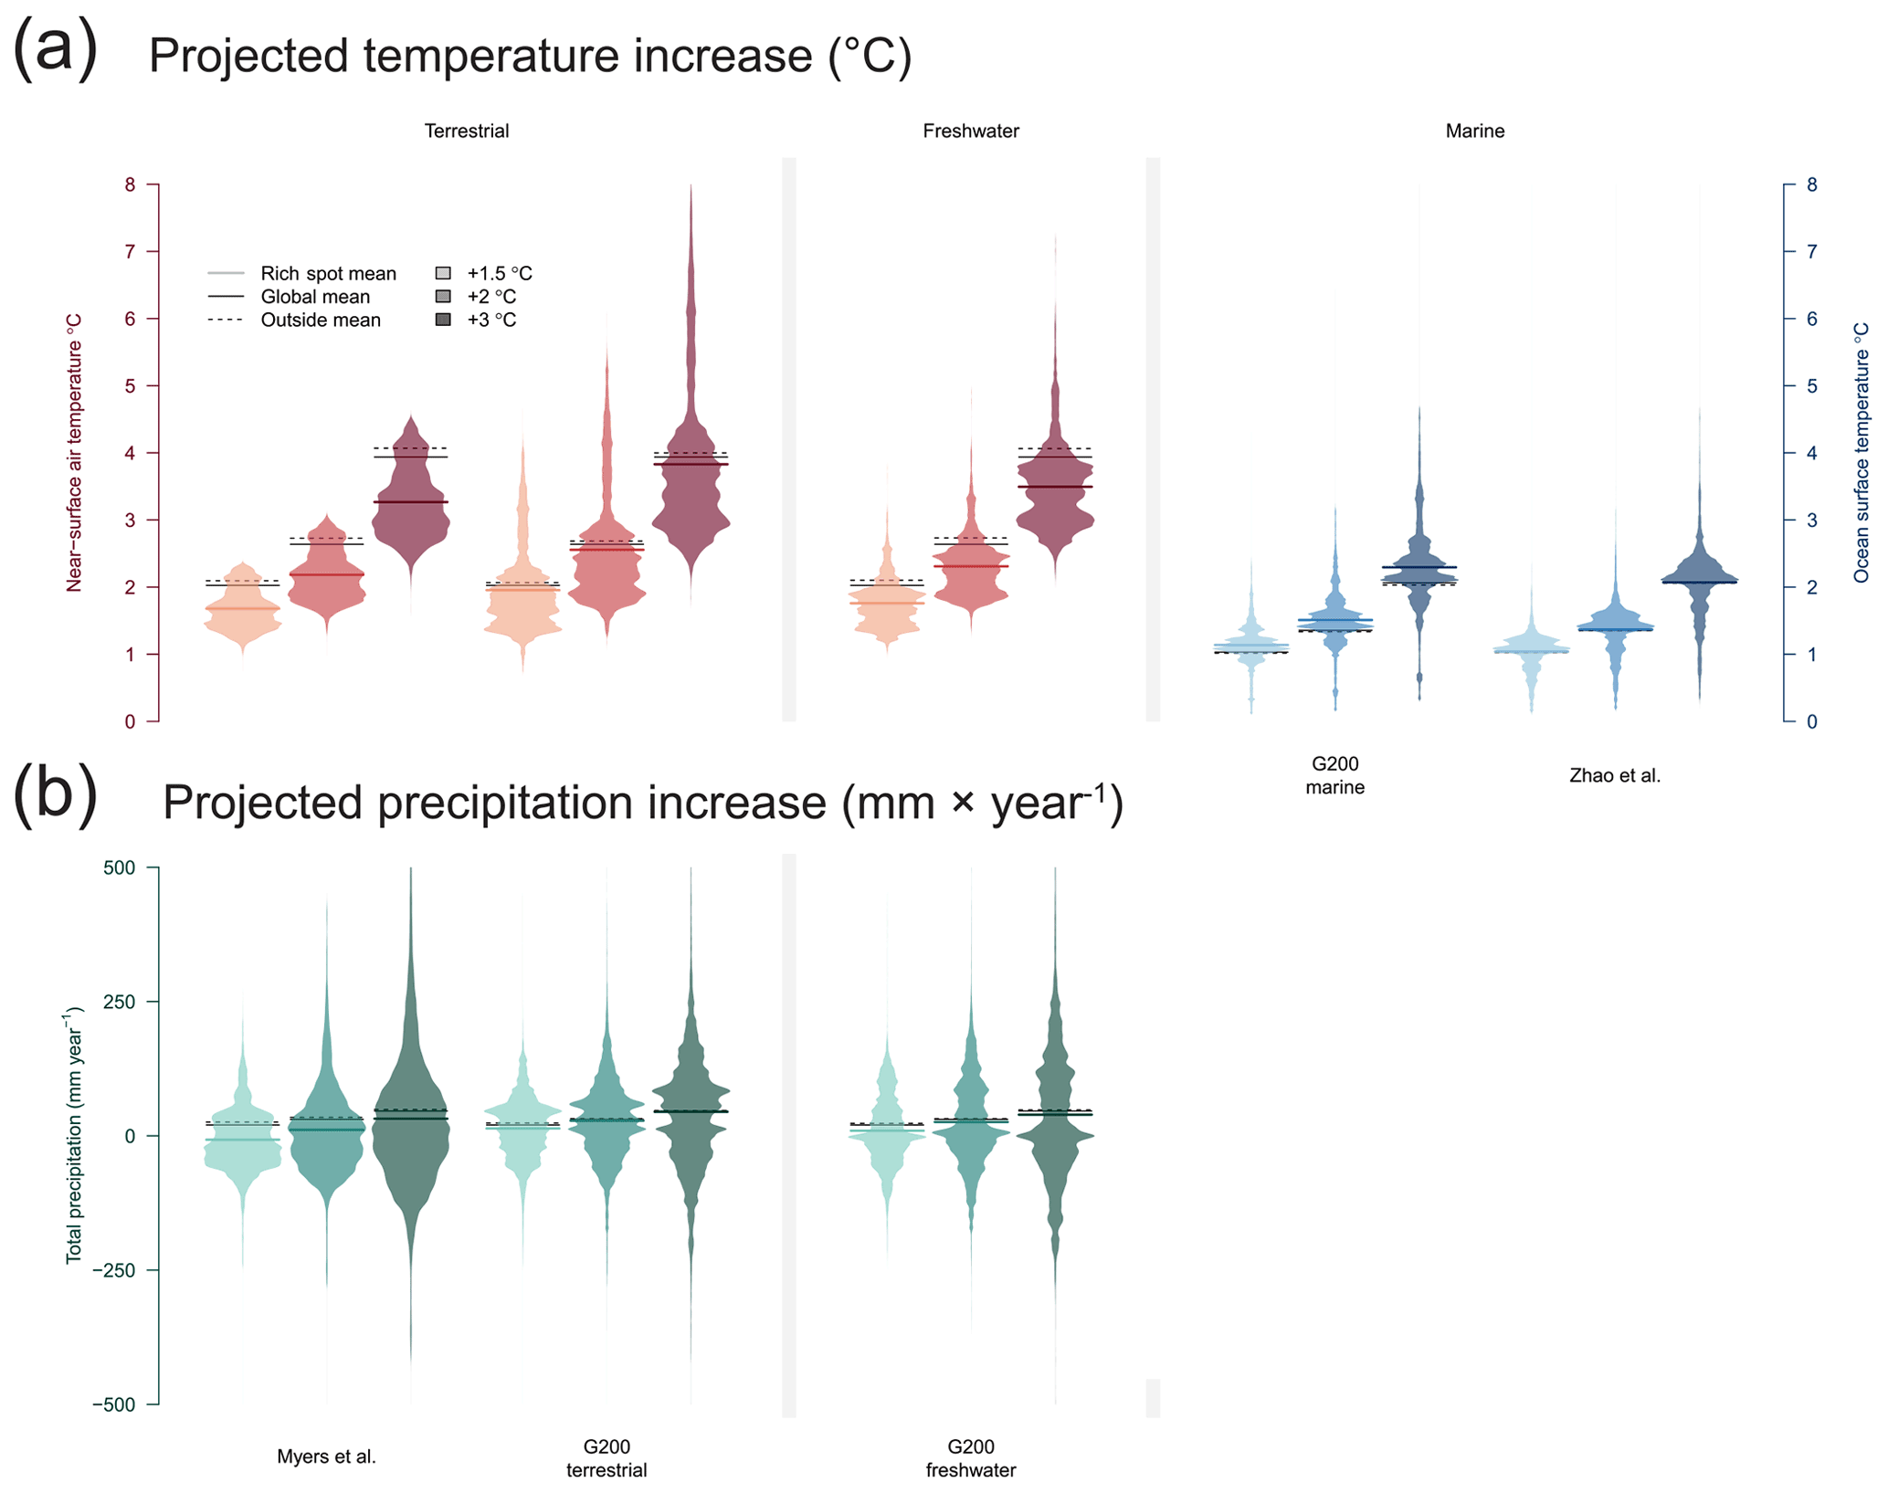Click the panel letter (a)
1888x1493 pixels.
pyautogui.click(x=55, y=49)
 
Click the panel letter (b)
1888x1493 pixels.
pyautogui.click(x=55, y=796)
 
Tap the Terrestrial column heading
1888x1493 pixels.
pyautogui.click(x=466, y=131)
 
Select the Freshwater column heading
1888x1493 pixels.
pyautogui.click(x=970, y=131)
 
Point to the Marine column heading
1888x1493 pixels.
pyautogui.click(x=1474, y=131)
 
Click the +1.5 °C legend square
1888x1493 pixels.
pyautogui.click(x=443, y=273)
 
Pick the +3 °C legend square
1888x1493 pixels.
pyautogui.click(x=443, y=320)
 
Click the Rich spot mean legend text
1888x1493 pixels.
pyautogui.click(x=328, y=274)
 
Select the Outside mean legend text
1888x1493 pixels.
pyautogui.click(x=321, y=321)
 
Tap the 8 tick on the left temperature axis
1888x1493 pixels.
pyautogui.click(x=130, y=185)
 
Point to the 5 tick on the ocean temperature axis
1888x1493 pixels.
pyautogui.click(x=1811, y=386)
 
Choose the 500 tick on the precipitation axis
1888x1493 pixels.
pyautogui.click(x=119, y=867)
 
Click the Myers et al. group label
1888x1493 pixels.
pyautogui.click(x=326, y=1456)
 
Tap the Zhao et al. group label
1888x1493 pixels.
pyautogui.click(x=1614, y=776)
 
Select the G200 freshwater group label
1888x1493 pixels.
pyautogui.click(x=970, y=1458)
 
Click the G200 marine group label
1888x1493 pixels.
pyautogui.click(x=1334, y=775)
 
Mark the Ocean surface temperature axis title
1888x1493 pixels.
pyautogui.click(x=1861, y=452)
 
